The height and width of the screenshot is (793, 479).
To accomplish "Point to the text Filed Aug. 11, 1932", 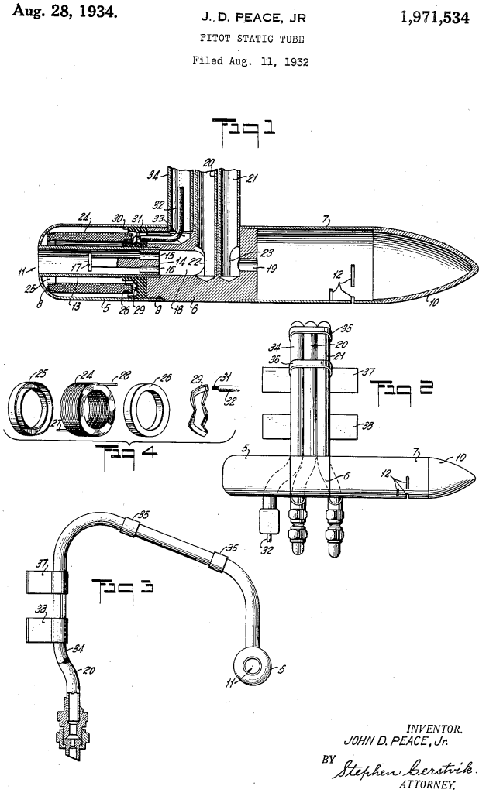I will point(250,62).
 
